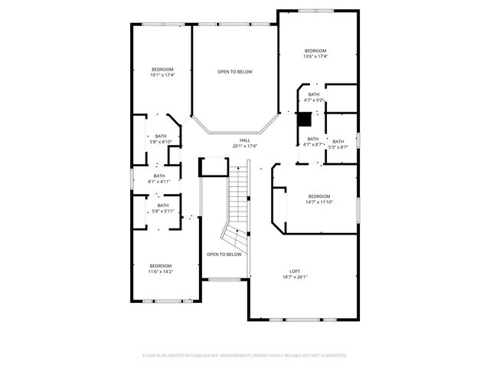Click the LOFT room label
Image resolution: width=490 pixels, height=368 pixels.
click(294, 271)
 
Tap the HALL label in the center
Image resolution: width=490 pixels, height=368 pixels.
click(245, 140)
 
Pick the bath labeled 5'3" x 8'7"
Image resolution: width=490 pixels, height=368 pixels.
click(338, 144)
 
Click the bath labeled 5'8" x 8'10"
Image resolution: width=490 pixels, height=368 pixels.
click(161, 139)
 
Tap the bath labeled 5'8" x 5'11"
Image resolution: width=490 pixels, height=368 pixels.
click(163, 208)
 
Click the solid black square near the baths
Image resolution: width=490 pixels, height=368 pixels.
click(305, 120)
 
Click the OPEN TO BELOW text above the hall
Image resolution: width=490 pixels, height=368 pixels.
click(234, 72)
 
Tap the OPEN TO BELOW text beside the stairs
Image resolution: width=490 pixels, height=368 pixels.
click(224, 255)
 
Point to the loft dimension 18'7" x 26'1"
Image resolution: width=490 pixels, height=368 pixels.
click(294, 278)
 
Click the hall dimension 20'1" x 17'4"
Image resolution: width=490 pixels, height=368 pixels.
click(245, 146)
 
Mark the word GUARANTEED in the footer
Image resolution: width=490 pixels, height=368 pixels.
click(331, 356)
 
